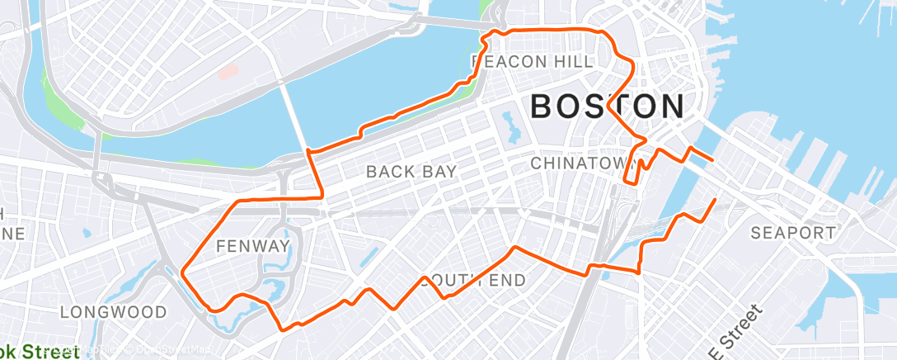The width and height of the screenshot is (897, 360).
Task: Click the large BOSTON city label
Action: coord(607,107)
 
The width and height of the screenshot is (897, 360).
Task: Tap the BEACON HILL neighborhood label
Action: coord(532,62)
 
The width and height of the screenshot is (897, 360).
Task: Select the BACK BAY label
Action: coord(411,172)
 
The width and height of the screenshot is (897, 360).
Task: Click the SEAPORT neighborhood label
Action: coord(792,234)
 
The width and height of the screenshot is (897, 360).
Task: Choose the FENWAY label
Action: coord(252,246)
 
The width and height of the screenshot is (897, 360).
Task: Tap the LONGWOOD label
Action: coord(113,313)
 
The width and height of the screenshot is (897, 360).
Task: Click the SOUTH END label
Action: coord(472,281)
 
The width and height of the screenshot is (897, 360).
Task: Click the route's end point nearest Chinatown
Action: coord(712,159)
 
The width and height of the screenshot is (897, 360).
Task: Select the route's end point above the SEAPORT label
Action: coord(714,200)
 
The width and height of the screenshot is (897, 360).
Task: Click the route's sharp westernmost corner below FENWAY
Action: coord(181,271)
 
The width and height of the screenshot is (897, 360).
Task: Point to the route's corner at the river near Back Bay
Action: coord(308,151)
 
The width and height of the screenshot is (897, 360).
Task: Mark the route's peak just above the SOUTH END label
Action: coord(514,247)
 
